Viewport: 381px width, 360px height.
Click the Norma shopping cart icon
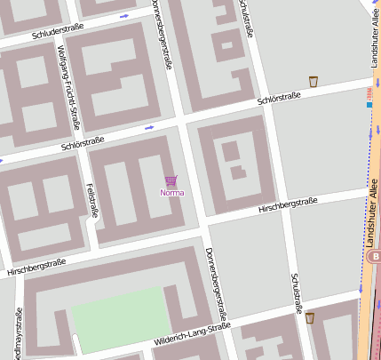171,180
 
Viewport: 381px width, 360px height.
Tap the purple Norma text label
171,192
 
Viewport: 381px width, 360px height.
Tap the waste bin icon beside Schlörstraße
314,82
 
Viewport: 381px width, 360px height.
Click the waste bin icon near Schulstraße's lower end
310,317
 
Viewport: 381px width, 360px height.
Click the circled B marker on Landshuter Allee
375,256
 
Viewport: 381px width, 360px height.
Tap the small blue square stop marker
369,104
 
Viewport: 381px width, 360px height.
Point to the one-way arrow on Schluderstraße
123,16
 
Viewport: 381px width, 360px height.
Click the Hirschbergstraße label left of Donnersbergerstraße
36,265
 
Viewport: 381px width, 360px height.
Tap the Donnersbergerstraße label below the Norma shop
217,282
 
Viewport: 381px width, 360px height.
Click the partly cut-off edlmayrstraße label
18,333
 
